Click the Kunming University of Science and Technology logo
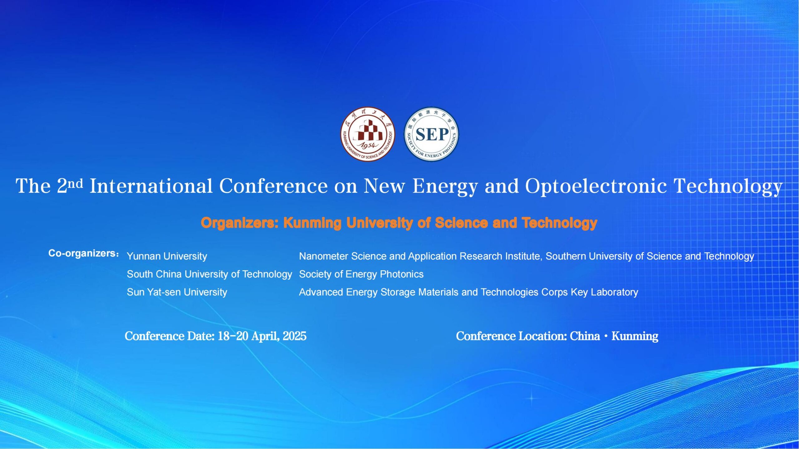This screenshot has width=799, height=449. [368, 134]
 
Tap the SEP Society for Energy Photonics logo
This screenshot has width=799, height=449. [431, 134]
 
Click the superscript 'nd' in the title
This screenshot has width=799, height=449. [75, 184]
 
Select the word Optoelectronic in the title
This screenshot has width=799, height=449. [596, 186]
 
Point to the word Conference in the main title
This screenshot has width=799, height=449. [273, 186]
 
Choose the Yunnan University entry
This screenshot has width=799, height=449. [167, 256]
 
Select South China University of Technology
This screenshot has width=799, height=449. [209, 274]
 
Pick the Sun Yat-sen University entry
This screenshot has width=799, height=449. [177, 292]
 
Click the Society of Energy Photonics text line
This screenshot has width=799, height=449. [361, 274]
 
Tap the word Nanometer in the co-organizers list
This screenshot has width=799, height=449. [324, 256]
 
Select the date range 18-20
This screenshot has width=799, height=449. [233, 336]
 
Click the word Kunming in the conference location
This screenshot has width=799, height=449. [635, 336]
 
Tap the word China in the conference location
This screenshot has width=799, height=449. [585, 336]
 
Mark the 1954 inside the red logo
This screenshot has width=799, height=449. [368, 145]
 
